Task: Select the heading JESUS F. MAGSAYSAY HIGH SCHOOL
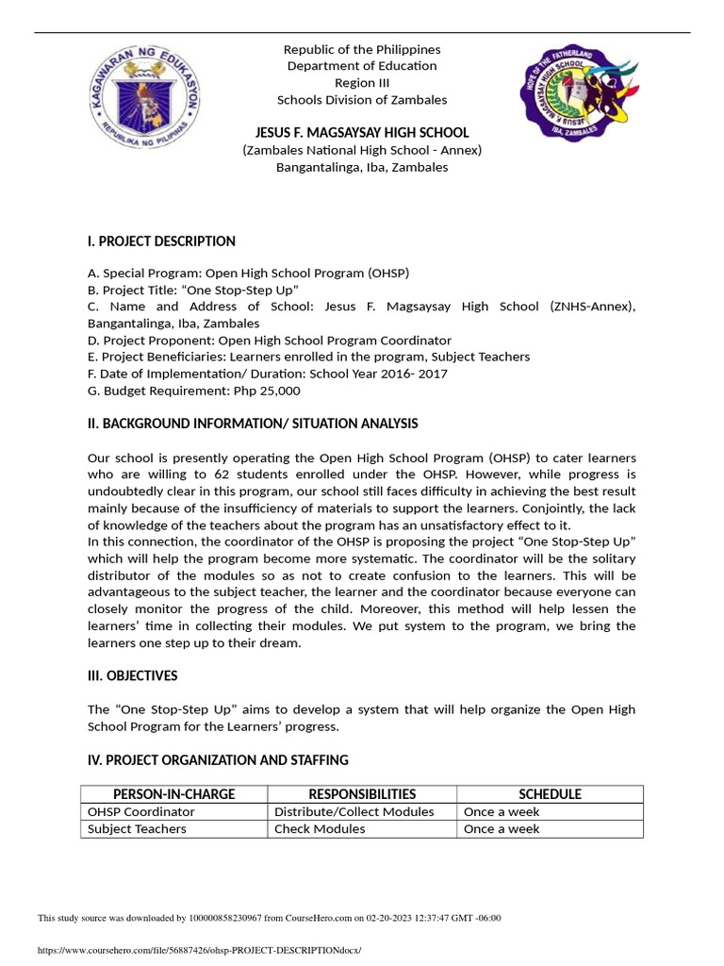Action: pyautogui.click(x=362, y=133)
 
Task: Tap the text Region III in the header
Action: pyautogui.click(x=362, y=83)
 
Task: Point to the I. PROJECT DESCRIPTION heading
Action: pyautogui.click(x=161, y=241)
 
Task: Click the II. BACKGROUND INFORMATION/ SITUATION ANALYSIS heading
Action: pyautogui.click(x=253, y=424)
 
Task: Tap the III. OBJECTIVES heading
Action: pyautogui.click(x=132, y=676)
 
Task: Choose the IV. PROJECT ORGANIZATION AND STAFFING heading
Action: pyautogui.click(x=218, y=759)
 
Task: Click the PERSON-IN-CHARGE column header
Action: pyautogui.click(x=173, y=794)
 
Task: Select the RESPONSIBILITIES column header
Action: pyautogui.click(x=362, y=794)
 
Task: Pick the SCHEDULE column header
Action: pyautogui.click(x=550, y=794)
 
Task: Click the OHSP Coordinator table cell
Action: pyautogui.click(x=141, y=812)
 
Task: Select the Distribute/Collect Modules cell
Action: pyautogui.click(x=354, y=812)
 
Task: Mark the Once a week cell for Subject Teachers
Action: pyautogui.click(x=502, y=829)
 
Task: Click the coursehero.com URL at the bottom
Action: pyautogui.click(x=199, y=950)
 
